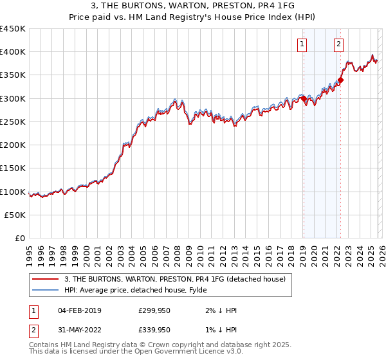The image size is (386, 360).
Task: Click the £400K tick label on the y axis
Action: pyautogui.click(x=13, y=52)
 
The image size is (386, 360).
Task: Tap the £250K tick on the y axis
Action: pyautogui.click(x=13, y=122)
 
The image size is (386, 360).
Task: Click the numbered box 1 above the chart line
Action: pyautogui.click(x=302, y=44)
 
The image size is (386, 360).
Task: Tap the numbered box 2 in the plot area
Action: pyautogui.click(x=338, y=44)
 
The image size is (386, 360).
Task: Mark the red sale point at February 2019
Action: pyautogui.click(x=304, y=99)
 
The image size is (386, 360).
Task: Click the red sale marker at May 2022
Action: pyautogui.click(x=341, y=80)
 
